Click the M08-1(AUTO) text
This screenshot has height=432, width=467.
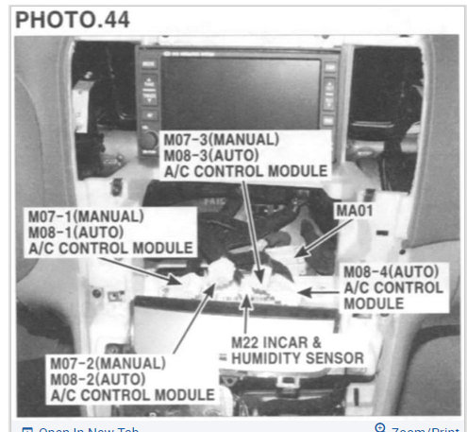click(81, 232)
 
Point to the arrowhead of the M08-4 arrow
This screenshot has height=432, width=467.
click(302, 294)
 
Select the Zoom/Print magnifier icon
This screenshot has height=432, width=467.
click(379, 428)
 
